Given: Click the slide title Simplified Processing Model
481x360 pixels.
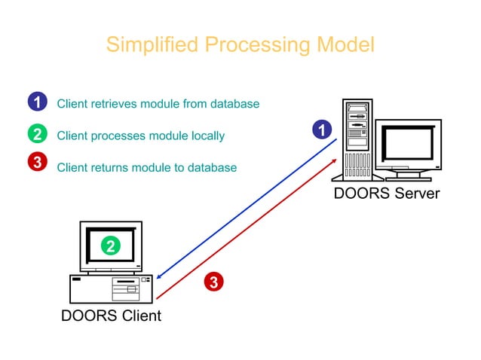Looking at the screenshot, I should tap(240, 44).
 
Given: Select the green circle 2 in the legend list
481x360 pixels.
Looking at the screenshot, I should tap(37, 135).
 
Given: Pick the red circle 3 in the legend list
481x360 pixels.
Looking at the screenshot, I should tap(37, 163).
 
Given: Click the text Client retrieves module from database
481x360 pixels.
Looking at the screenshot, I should tap(158, 104).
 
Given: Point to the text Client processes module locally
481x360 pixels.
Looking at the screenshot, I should tap(141, 136).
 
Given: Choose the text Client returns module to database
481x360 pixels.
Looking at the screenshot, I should tap(147, 167).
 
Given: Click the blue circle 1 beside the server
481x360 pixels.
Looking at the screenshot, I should tap(323, 130).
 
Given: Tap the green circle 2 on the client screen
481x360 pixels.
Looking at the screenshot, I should tap(111, 246).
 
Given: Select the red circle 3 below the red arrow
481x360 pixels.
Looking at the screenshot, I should tap(214, 282).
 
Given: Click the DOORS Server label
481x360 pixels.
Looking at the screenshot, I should tap(386, 194).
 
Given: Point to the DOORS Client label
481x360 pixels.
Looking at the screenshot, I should tap(111, 315).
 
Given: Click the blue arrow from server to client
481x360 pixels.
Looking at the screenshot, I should tap(249, 207).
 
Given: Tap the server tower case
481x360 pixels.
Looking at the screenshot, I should tap(357, 139).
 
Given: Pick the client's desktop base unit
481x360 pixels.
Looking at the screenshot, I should tap(111, 288).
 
